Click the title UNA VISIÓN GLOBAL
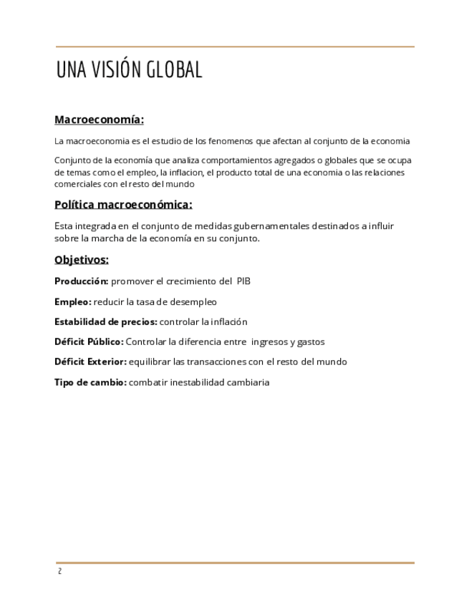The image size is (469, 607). tap(129, 70)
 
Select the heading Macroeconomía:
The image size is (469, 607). tap(99, 120)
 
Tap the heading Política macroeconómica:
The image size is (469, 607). tap(123, 205)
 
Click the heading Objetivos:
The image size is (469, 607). tap(81, 260)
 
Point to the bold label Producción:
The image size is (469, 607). tap(81, 281)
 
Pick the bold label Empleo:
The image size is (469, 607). tap(72, 302)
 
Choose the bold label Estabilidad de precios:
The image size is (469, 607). tap(106, 322)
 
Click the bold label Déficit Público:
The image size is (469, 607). tap(89, 342)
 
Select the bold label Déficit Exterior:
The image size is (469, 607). tap(90, 362)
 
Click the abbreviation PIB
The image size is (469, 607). tap(243, 281)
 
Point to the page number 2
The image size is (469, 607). tap(59, 571)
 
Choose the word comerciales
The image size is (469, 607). tap(77, 184)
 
